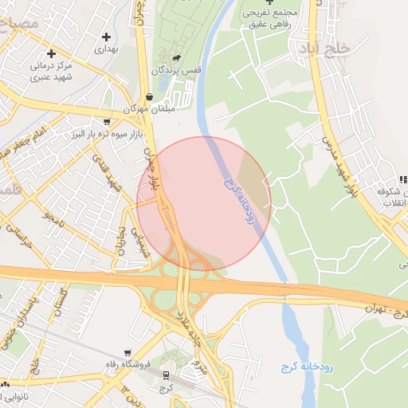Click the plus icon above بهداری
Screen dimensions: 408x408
107,37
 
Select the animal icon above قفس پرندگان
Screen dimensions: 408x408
175,58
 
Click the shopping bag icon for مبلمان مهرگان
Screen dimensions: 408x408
150,96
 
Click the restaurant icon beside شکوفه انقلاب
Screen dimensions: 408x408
403,180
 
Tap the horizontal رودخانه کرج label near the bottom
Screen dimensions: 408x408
307,367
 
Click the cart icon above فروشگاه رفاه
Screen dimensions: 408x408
127,352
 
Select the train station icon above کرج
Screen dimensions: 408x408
166,375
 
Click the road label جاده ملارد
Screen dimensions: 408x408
199,328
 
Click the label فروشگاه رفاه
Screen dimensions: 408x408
128,365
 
